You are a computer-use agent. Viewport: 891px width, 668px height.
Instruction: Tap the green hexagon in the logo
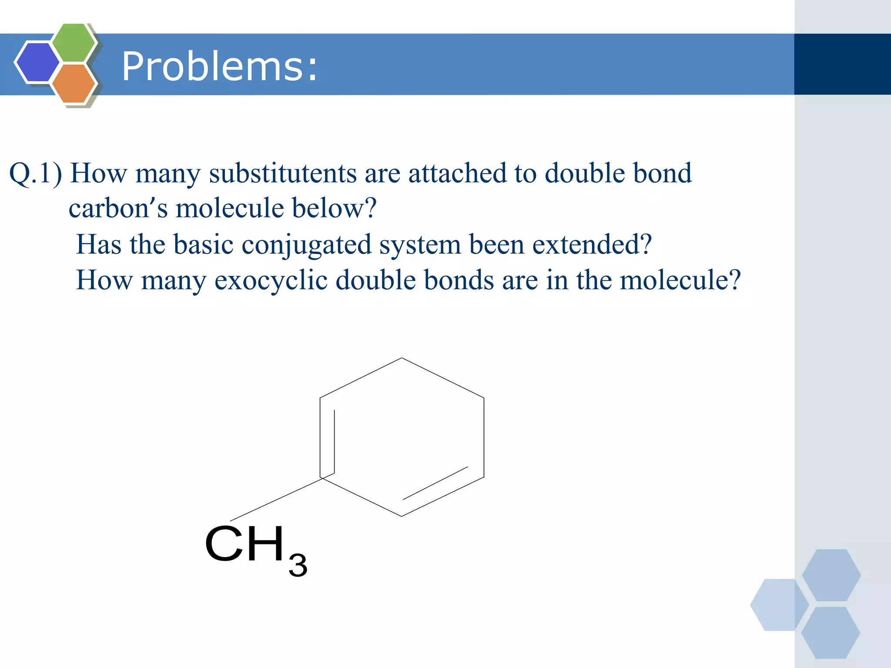pos(74,43)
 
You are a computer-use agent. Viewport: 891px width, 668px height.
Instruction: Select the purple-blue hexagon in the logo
pos(37,62)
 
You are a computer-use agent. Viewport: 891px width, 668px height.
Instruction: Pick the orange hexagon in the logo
pos(74,83)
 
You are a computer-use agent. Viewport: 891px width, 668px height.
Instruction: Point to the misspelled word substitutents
pos(283,173)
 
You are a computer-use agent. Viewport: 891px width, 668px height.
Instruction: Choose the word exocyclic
pos(271,280)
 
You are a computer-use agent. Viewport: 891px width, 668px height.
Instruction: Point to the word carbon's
pos(118,208)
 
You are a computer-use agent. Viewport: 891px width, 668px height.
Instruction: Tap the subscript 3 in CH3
pos(298,565)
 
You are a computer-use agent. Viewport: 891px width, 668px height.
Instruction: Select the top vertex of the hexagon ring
pos(402,358)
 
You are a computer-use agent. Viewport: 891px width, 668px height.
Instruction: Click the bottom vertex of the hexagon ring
pos(402,516)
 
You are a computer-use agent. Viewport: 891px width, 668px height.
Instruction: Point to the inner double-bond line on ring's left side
pos(334,441)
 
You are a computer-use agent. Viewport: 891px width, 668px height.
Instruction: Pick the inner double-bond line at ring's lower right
pos(435,483)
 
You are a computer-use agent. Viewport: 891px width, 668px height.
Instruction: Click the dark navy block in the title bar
pos(842,64)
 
